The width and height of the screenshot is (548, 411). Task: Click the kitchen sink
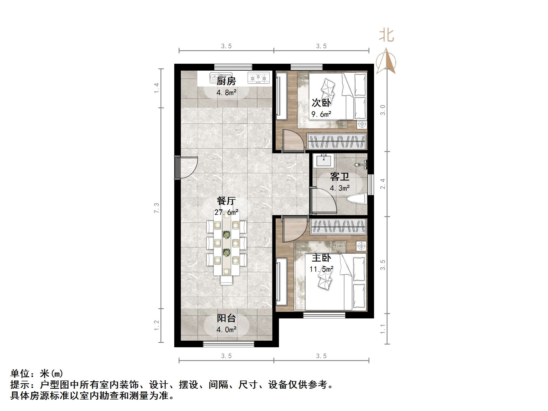[221, 77]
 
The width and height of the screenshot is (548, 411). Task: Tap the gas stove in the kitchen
[258, 77]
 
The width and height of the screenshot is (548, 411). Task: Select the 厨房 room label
[226, 81]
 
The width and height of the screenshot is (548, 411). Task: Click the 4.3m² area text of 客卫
[340, 188]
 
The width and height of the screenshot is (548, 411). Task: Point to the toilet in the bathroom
[357, 199]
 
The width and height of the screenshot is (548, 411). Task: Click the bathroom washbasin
[324, 160]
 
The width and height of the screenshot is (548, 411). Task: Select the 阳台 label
[226, 318]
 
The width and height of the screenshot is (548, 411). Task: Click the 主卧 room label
[321, 258]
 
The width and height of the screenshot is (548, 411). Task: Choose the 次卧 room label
[321, 103]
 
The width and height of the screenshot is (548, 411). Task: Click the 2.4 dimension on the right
[383, 184]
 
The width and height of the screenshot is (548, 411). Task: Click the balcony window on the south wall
[229, 344]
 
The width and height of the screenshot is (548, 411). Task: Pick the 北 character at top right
[386, 35]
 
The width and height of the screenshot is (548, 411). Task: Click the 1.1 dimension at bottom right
[383, 329]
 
